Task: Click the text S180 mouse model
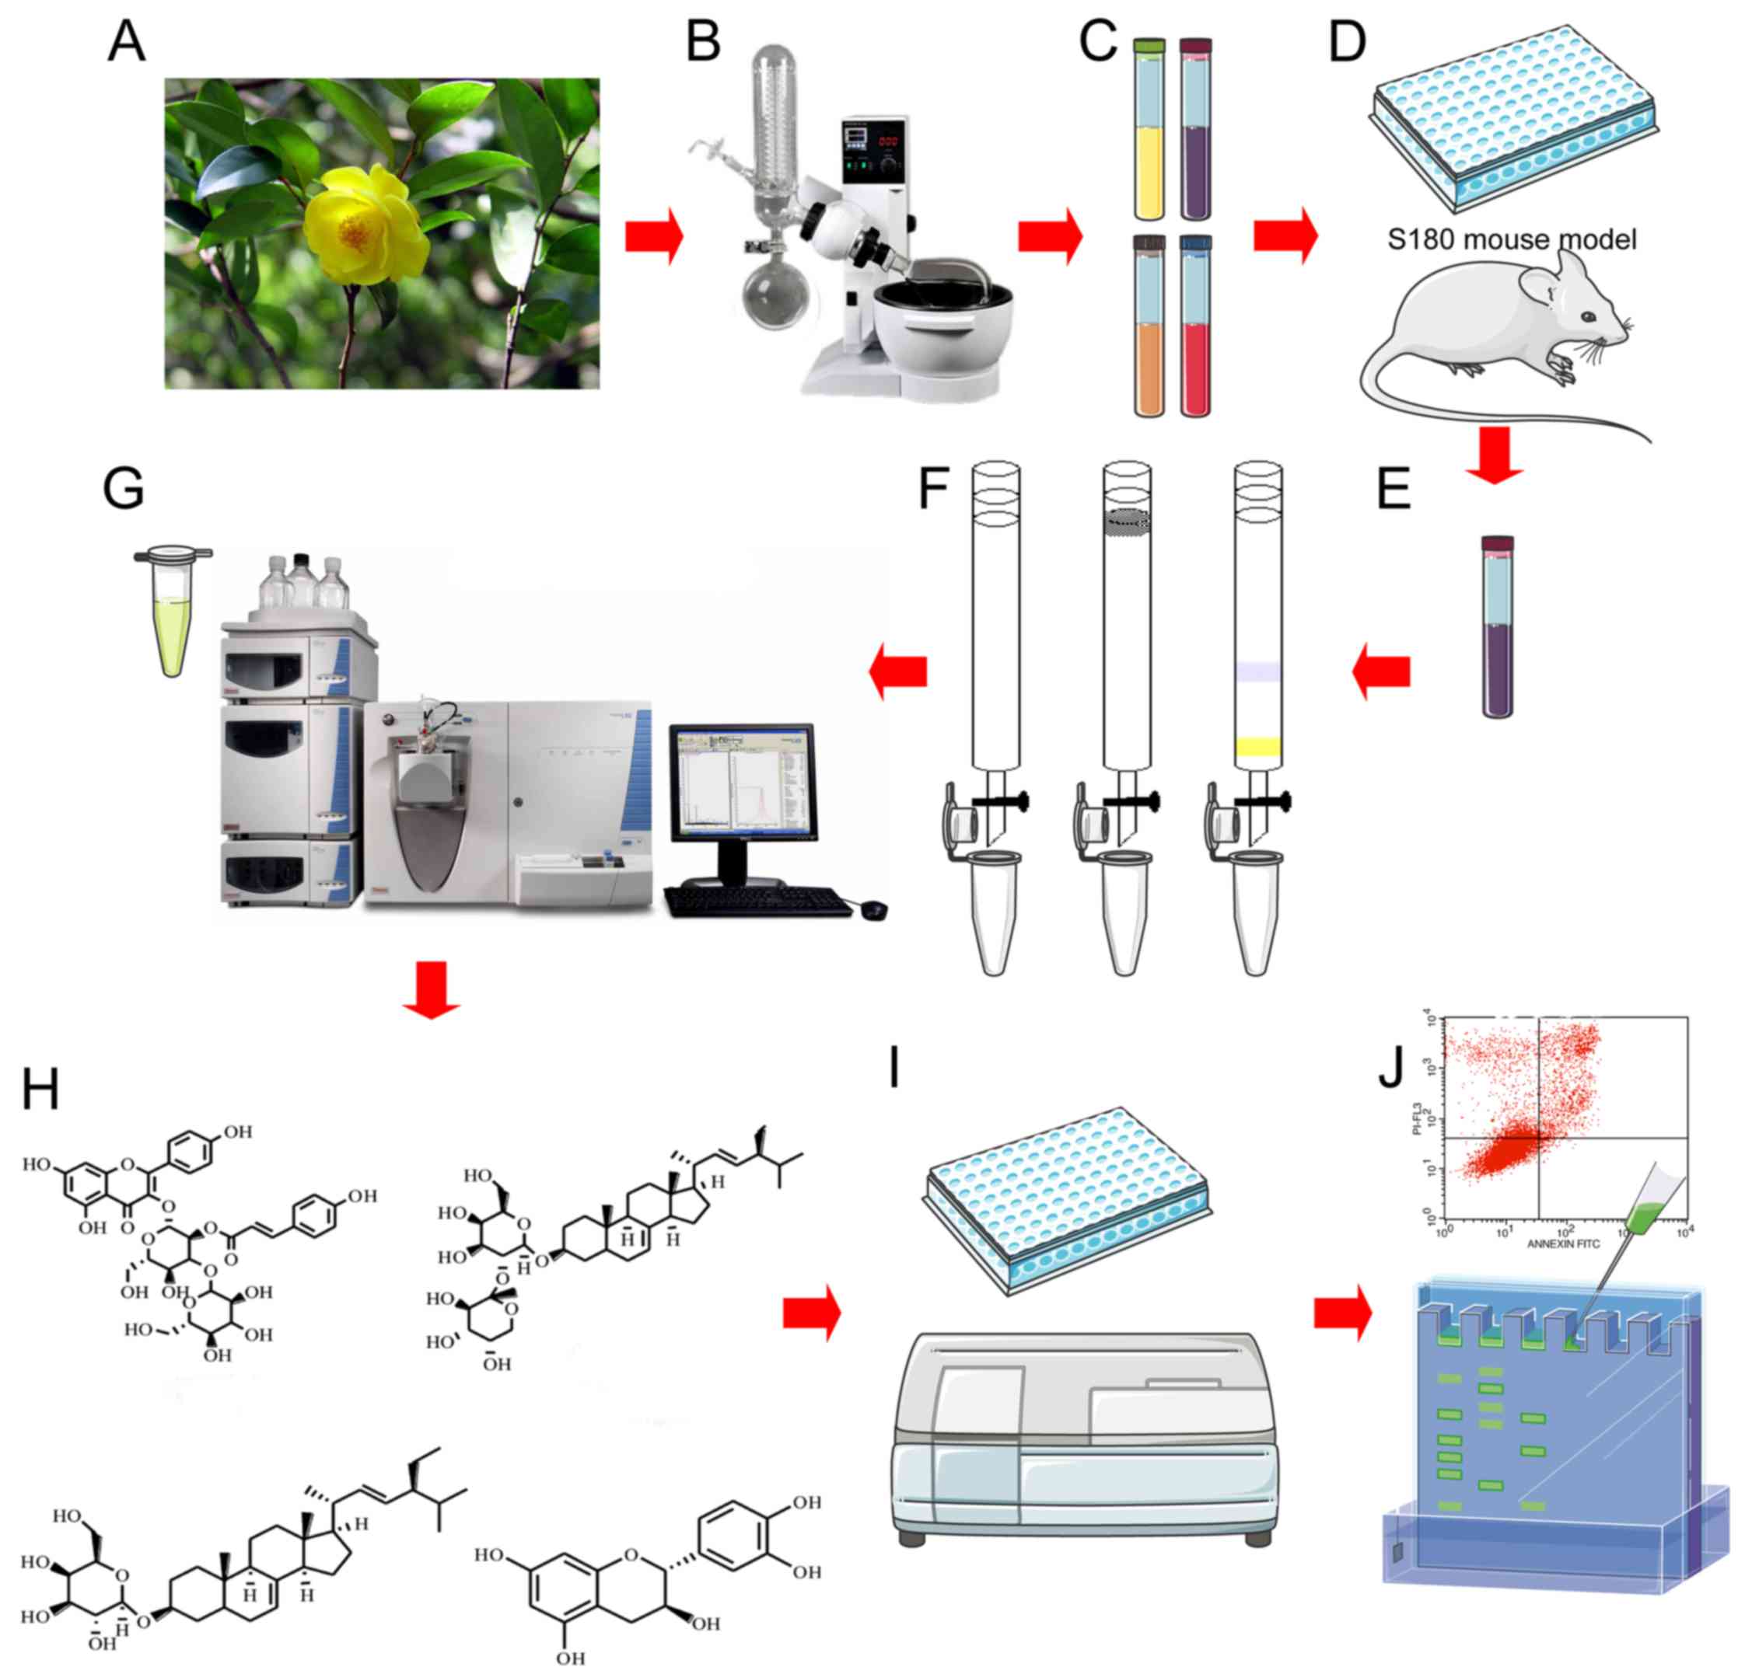click(1512, 239)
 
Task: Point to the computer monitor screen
click(742, 783)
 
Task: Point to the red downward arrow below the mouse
click(1495, 455)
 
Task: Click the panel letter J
click(1390, 1068)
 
